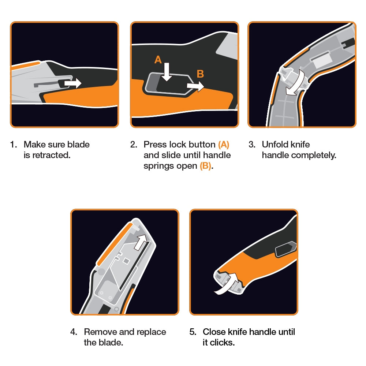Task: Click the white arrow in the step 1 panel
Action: coord(72,84)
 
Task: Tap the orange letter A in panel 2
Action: coord(158,60)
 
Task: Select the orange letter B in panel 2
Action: coord(200,74)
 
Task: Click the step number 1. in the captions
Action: coord(14,145)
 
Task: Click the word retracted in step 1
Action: coord(51,155)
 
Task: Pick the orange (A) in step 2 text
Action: coord(223,145)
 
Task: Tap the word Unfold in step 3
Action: coord(275,145)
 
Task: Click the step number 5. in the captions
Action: coord(193,332)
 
